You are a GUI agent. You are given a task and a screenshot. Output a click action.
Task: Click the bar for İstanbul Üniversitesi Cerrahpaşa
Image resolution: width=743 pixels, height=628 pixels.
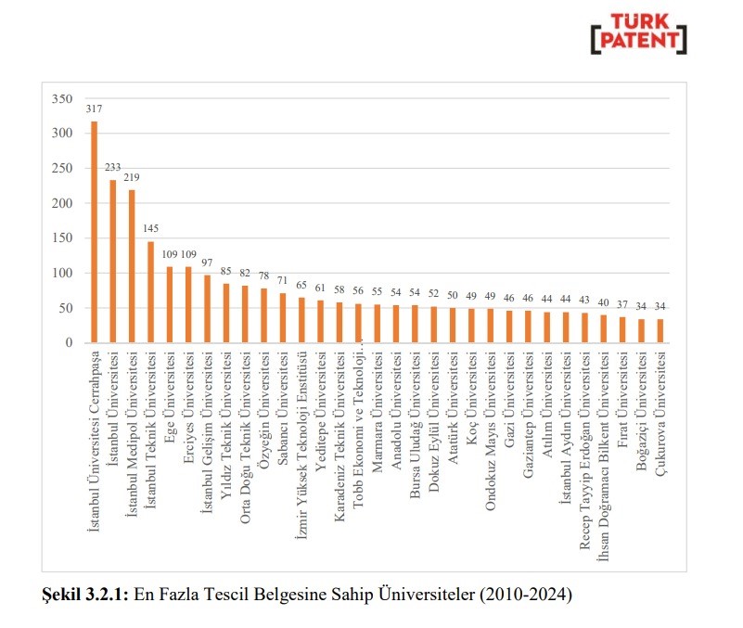click(x=94, y=232)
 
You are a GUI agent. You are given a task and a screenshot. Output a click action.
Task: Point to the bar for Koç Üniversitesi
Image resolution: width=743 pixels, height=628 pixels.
click(x=471, y=326)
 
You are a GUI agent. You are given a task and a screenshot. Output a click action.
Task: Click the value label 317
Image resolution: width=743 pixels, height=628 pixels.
click(x=94, y=109)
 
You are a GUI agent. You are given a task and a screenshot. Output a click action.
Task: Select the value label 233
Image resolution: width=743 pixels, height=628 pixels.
click(x=113, y=167)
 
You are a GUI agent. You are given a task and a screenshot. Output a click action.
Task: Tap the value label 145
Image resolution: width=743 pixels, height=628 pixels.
click(x=150, y=228)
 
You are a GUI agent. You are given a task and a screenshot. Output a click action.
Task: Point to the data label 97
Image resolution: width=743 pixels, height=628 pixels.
click(x=207, y=263)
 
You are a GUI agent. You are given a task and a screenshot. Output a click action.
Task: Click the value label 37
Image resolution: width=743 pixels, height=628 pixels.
click(x=622, y=304)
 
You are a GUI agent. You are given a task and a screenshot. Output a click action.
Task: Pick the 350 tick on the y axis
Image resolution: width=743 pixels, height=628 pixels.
click(x=61, y=99)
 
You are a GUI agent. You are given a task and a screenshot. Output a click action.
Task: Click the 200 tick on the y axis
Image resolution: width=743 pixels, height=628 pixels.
click(x=61, y=204)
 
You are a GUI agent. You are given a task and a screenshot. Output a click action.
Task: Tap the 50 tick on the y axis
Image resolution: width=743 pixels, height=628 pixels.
click(x=65, y=308)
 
